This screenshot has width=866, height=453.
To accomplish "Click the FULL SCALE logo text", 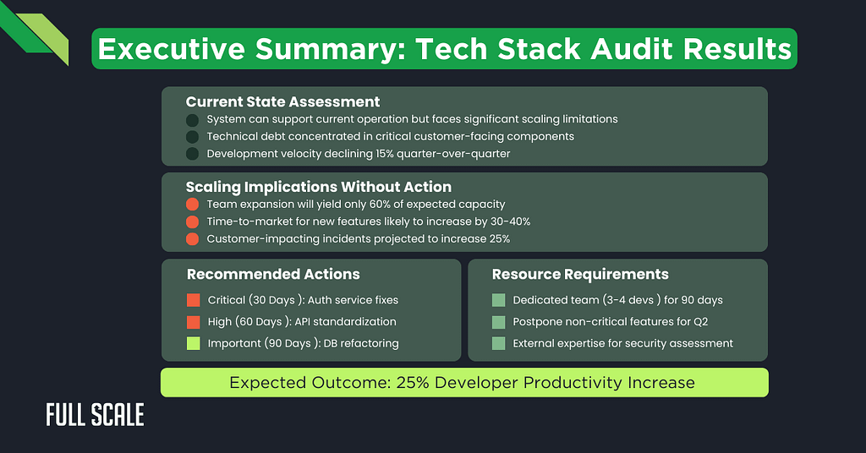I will [x=95, y=415].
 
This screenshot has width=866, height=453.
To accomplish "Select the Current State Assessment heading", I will [x=282, y=102].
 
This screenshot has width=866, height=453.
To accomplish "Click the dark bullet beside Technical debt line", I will [x=193, y=137].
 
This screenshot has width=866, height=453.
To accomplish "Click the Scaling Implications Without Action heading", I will [x=318, y=187].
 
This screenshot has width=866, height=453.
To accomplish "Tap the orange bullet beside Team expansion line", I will [x=193, y=205].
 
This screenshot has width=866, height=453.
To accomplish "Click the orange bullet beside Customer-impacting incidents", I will [x=193, y=239].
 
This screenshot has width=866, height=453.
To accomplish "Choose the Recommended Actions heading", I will [x=273, y=274].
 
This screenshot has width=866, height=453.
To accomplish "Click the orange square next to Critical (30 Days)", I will [x=193, y=300].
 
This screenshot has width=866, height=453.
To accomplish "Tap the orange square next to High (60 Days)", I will [x=193, y=322].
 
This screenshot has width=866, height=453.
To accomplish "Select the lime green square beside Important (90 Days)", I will [x=193, y=343].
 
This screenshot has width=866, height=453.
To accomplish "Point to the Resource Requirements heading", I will [x=580, y=274].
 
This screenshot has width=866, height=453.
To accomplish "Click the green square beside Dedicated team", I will [x=498, y=300].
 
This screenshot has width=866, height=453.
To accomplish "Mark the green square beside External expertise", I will [x=498, y=343].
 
